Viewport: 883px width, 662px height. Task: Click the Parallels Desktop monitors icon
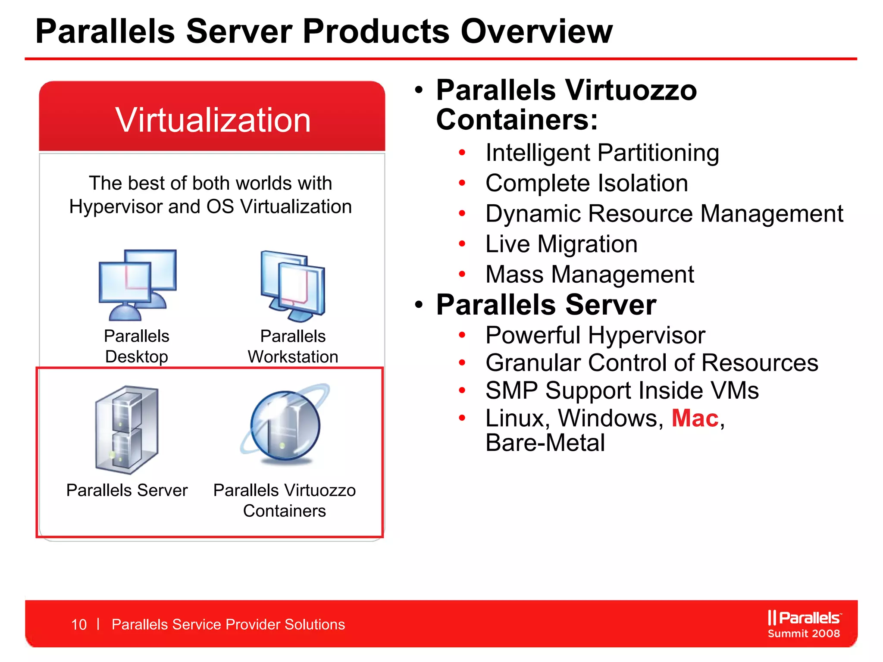click(137, 284)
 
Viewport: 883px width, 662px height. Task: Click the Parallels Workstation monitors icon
click(293, 286)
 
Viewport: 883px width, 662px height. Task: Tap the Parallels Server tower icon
click(127, 429)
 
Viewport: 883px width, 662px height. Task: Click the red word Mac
click(695, 418)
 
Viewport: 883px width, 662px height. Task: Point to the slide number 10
click(79, 625)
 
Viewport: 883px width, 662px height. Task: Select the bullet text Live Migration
click(561, 244)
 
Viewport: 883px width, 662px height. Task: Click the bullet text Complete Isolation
click(586, 183)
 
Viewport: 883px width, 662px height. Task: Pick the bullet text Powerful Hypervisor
click(595, 335)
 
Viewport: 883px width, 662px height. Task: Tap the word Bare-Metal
click(545, 443)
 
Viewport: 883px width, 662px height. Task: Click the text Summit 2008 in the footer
click(804, 634)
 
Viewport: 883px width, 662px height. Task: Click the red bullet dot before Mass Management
click(462, 274)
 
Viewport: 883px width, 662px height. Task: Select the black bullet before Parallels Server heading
click(419, 305)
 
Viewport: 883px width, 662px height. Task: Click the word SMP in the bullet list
click(511, 390)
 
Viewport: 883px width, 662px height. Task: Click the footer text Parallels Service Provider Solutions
click(228, 625)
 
